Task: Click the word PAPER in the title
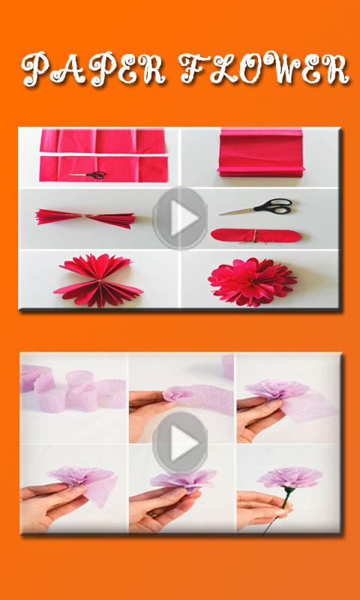coord(94,69)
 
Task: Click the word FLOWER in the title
coord(264,68)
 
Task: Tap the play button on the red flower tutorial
coord(180,217)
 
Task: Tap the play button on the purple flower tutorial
coord(180,442)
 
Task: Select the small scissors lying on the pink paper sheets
coord(88,175)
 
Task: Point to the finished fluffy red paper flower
coord(252,282)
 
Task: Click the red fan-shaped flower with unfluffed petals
coord(98,280)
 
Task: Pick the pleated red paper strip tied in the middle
coord(85,217)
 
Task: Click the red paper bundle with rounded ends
coord(256,235)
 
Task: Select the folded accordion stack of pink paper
coord(261,153)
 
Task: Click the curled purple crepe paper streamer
coord(73,390)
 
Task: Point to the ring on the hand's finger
coord(153,514)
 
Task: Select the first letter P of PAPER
coord(35,70)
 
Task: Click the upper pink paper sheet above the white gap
coord(103,141)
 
